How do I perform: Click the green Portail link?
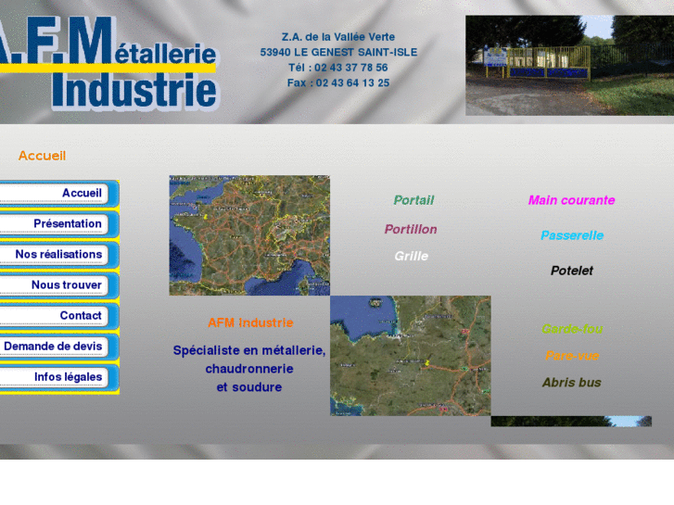point(413,200)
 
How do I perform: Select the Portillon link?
point(411,229)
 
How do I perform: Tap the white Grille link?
point(411,256)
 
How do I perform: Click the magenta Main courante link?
point(571,200)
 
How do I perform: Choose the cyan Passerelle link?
point(572,235)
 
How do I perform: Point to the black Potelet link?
point(572,271)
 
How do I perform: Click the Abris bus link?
point(571,382)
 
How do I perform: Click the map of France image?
point(249,235)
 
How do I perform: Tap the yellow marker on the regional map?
point(427,362)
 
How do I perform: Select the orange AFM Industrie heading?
point(250,322)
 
